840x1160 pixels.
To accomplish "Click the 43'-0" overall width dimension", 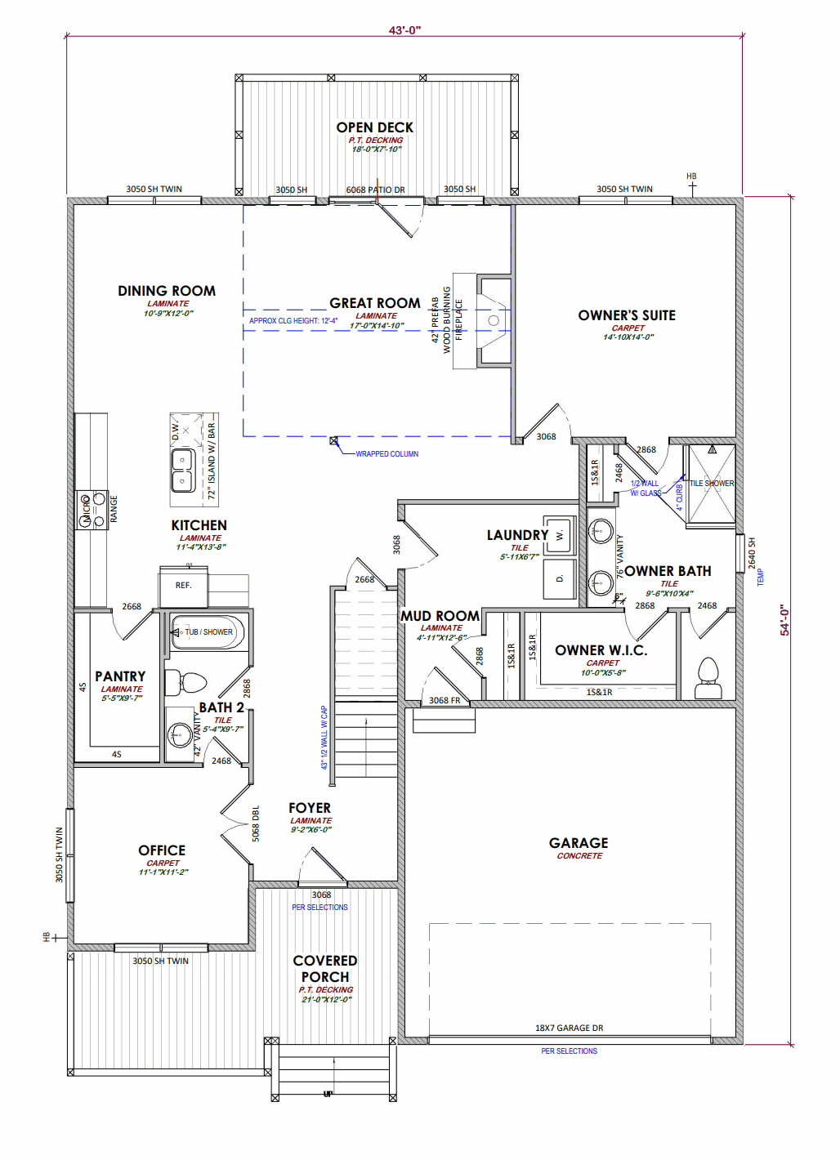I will (404, 30).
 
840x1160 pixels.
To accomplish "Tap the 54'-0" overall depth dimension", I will (784, 620).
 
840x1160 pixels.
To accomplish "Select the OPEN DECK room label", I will (374, 127).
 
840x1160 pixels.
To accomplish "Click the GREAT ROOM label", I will (374, 303).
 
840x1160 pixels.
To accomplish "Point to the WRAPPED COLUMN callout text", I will (386, 454).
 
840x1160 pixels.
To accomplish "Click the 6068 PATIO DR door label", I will (375, 190).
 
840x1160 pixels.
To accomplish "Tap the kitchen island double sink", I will (182, 471).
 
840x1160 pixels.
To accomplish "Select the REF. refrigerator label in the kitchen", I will (183, 585).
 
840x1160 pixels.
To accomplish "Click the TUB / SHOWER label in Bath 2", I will (208, 631).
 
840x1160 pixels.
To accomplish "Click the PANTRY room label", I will (120, 676).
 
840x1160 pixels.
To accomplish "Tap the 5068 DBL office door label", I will (256, 824).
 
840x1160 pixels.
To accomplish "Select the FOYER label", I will (310, 808).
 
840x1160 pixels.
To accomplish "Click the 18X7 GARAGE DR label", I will (569, 1028).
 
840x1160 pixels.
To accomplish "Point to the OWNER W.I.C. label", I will (601, 650).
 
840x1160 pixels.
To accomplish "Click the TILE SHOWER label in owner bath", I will (711, 484).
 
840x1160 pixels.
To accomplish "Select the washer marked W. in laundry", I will (560, 535).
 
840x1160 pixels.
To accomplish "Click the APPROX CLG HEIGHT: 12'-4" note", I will (293, 321).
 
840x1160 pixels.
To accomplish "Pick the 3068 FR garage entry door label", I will (445, 700).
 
